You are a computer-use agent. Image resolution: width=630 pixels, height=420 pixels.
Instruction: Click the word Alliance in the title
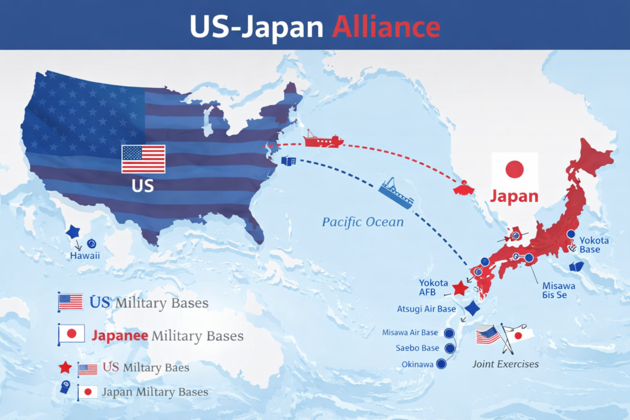(386, 26)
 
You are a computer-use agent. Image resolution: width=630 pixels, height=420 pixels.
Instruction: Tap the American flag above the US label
(143, 159)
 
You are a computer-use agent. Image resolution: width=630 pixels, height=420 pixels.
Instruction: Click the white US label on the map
(143, 186)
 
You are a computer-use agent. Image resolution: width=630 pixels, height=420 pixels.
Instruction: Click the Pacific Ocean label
(363, 222)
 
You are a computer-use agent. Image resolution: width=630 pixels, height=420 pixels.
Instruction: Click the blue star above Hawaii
(73, 232)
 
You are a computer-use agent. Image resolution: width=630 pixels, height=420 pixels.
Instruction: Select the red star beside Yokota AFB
(459, 288)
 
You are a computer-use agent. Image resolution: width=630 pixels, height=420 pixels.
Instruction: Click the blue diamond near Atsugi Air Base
(472, 309)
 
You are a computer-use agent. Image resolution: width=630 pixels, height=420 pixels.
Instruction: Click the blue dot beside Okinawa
(441, 364)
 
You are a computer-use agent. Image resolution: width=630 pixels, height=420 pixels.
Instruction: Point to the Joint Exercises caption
(506, 364)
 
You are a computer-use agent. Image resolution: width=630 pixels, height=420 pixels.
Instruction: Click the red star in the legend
(65, 368)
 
